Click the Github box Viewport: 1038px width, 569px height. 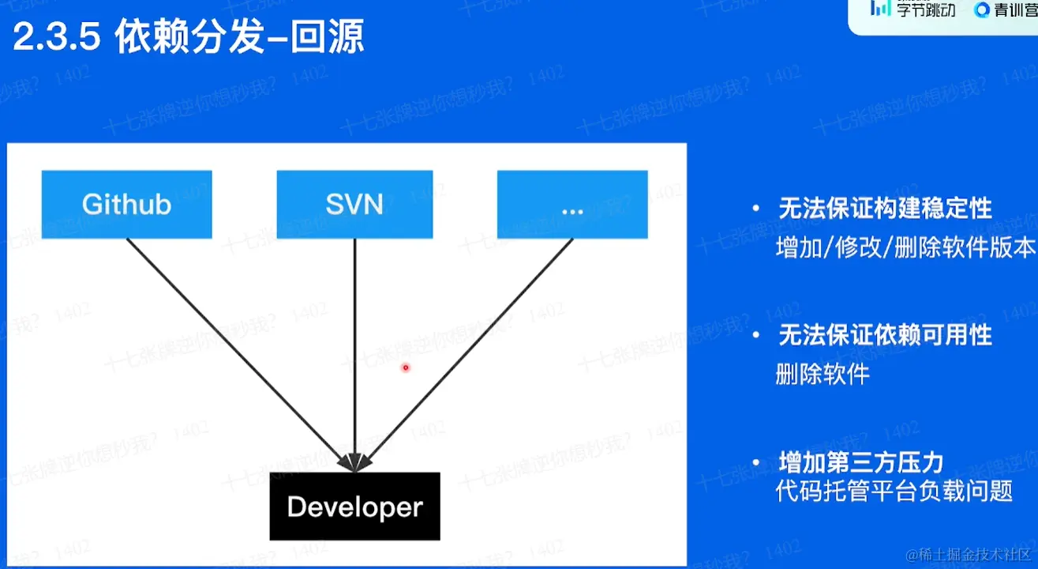tap(126, 204)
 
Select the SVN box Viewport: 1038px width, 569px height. tap(354, 204)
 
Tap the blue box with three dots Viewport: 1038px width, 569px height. tap(572, 204)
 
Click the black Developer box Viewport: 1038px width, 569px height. tap(354, 507)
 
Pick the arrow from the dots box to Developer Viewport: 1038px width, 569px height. tap(466, 352)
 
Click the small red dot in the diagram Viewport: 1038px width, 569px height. tap(406, 367)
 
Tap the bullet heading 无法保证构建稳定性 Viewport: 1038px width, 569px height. tap(885, 209)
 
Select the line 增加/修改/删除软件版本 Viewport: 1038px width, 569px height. tap(905, 247)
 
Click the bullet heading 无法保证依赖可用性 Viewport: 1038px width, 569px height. tap(885, 336)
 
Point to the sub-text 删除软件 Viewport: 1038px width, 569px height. tap(823, 375)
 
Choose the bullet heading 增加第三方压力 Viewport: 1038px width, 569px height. tap(861, 462)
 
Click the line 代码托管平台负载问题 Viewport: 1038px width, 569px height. tap(894, 492)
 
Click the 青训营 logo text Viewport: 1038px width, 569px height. tap(1014, 10)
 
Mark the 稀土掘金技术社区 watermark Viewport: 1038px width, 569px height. tap(969, 553)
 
